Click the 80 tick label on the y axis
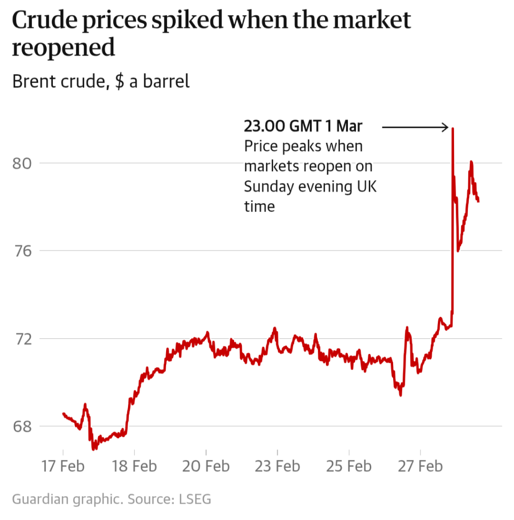point(22,164)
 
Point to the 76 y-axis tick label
point(22,251)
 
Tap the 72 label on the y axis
point(22,339)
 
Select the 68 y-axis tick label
point(22,427)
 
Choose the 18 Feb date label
point(135,466)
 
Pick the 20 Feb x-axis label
point(206,466)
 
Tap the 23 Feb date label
point(278,466)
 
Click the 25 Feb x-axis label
point(349,466)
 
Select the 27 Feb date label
point(421,466)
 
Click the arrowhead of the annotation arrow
point(446,127)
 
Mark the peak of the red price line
point(453,129)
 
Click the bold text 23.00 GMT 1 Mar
point(303,126)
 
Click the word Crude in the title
point(42,21)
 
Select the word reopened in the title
point(63,49)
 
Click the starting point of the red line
point(63,413)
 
